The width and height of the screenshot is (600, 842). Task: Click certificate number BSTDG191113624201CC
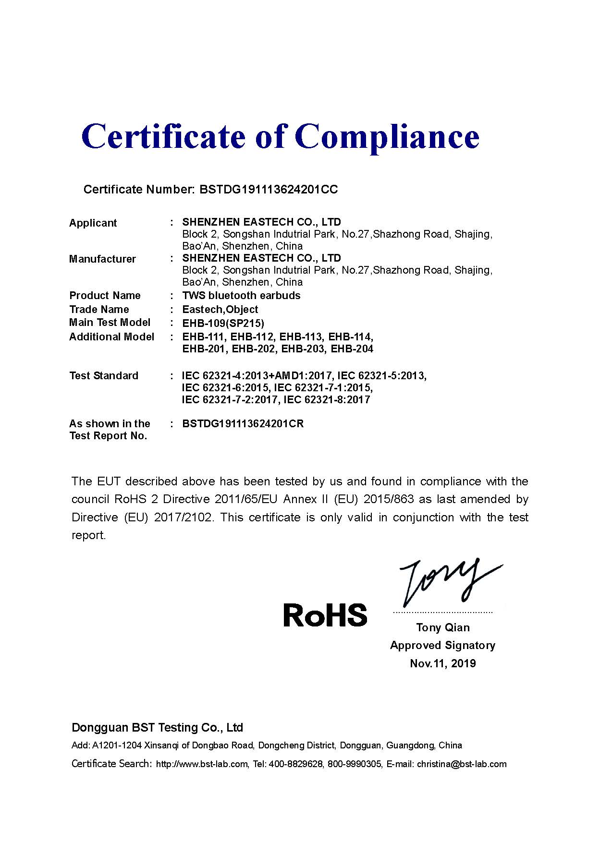point(269,190)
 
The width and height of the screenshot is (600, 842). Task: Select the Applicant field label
point(93,223)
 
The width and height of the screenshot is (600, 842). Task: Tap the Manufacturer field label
point(102,259)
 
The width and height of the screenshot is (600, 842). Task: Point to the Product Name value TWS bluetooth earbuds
point(241,296)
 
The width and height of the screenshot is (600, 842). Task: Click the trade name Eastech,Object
point(220,310)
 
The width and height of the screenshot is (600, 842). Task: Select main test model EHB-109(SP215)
point(223,323)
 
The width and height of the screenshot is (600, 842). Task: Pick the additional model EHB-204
point(352,349)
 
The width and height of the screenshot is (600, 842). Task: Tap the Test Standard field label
point(104,376)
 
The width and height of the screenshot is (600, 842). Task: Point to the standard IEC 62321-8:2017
point(327,400)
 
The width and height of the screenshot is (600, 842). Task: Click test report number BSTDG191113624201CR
point(243,424)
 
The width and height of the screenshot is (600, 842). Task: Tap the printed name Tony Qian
point(443,627)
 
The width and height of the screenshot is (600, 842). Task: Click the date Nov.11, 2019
point(443,663)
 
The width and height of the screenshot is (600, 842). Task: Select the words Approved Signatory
point(442,646)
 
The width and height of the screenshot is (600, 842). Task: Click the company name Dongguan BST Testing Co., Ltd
point(157,728)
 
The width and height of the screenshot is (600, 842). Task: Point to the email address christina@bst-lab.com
point(462,764)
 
